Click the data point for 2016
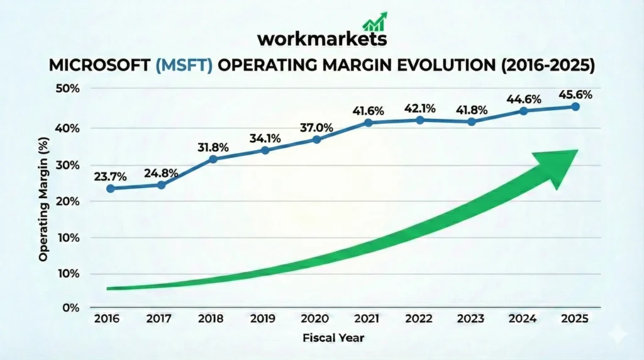pyautogui.click(x=111, y=188)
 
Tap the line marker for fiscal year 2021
pyautogui.click(x=369, y=122)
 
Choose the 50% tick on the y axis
pyautogui.click(x=67, y=89)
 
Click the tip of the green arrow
pyautogui.click(x=576, y=152)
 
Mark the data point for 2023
pyautogui.click(x=471, y=121)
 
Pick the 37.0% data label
pyautogui.click(x=316, y=128)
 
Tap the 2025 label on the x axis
pyautogui.click(x=574, y=319)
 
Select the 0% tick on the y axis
pyautogui.click(x=70, y=308)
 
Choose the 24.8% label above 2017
pyautogui.click(x=161, y=172)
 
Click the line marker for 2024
pyautogui.click(x=523, y=111)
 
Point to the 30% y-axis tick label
pyautogui.click(x=67, y=165)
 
